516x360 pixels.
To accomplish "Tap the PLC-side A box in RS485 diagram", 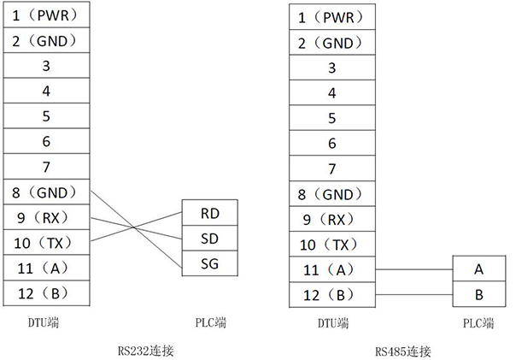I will [478, 269].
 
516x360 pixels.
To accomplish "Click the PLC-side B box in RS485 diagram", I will [478, 295].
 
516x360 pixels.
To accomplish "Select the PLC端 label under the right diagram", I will [478, 323].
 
